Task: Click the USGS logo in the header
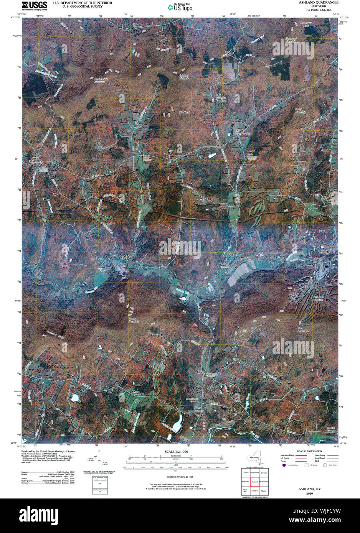click(x=35, y=5)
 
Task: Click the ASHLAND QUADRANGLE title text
click(x=319, y=2)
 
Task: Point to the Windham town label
click(x=327, y=252)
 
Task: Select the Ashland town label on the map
click(x=128, y=257)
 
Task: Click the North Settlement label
click(x=243, y=133)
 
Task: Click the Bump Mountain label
click(x=300, y=111)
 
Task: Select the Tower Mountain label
click(x=132, y=320)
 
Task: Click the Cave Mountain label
click(x=303, y=329)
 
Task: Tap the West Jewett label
click(x=136, y=393)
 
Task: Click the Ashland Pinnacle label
click(x=184, y=77)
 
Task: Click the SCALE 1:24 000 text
click(x=176, y=452)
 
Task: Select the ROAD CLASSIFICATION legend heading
click(x=309, y=451)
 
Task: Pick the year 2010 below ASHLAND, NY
click(x=309, y=494)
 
